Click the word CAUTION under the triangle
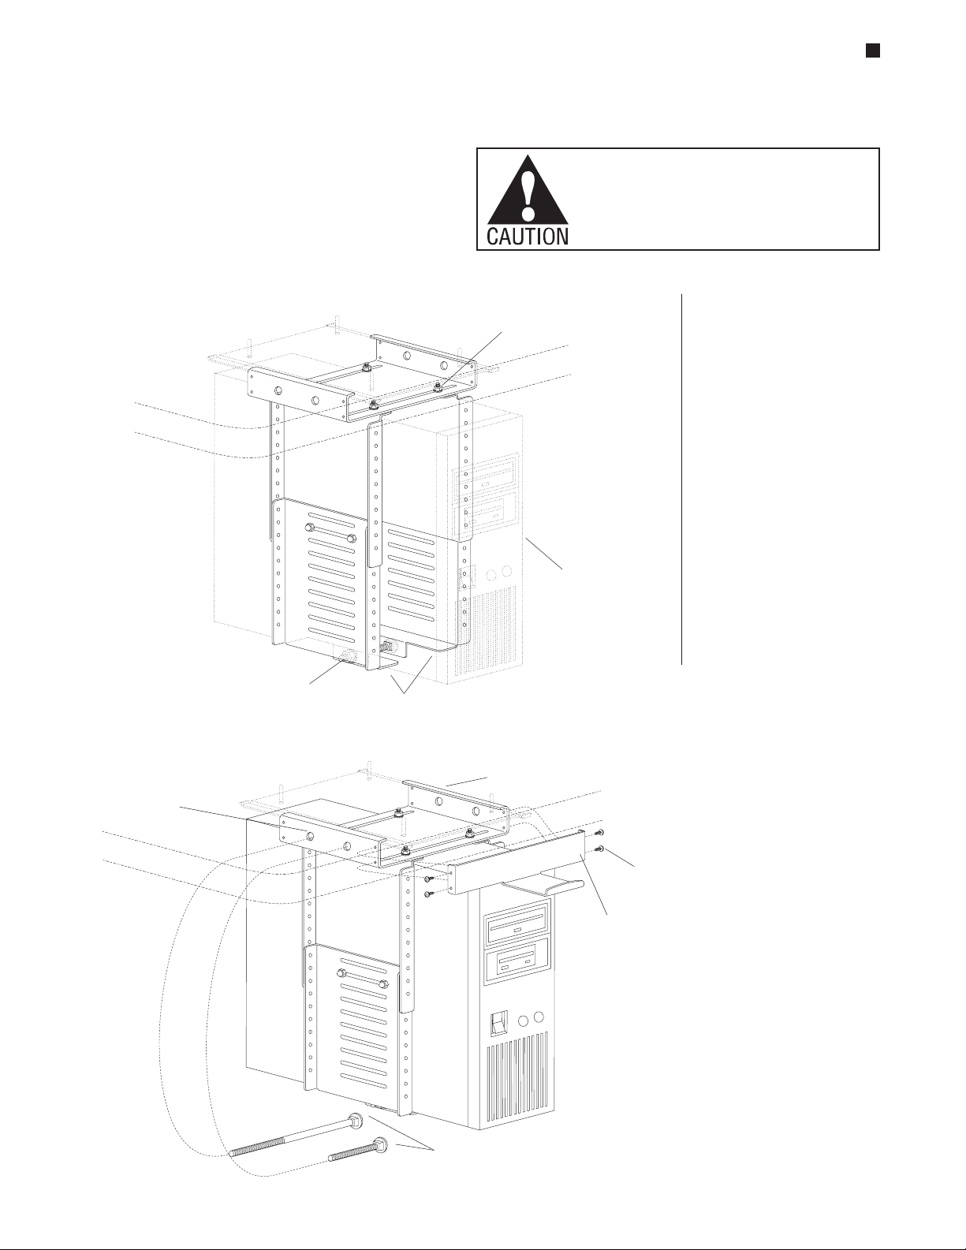point(526,236)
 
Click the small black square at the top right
point(873,50)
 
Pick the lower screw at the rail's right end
point(601,849)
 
